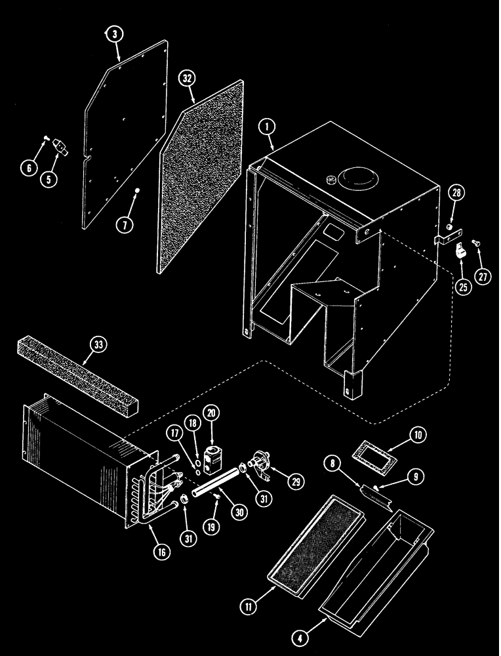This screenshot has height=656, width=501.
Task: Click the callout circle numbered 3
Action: tap(115, 35)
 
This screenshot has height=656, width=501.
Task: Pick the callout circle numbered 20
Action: tap(212, 414)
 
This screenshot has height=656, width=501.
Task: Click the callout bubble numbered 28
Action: tap(456, 193)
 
